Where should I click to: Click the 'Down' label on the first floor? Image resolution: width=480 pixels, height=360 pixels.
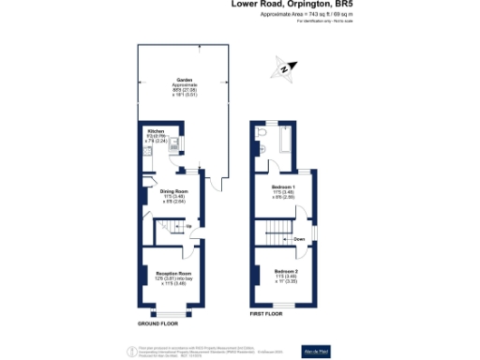tap(298, 239)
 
